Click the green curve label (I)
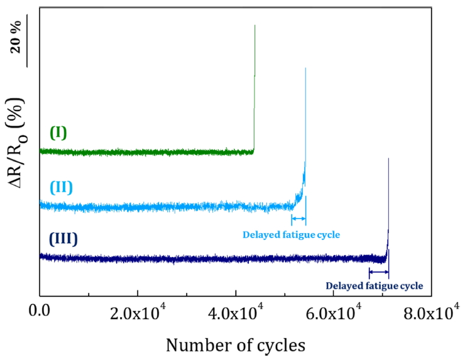tap(58, 133)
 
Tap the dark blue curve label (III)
tap(67, 239)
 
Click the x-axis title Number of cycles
tap(236, 344)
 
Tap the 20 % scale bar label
tap(15, 37)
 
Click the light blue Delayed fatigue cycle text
tap(291, 235)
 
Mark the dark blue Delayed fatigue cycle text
tap(375, 286)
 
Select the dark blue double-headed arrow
tap(379, 271)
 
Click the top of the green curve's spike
tap(254, 26)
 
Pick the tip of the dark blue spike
tap(389, 158)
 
